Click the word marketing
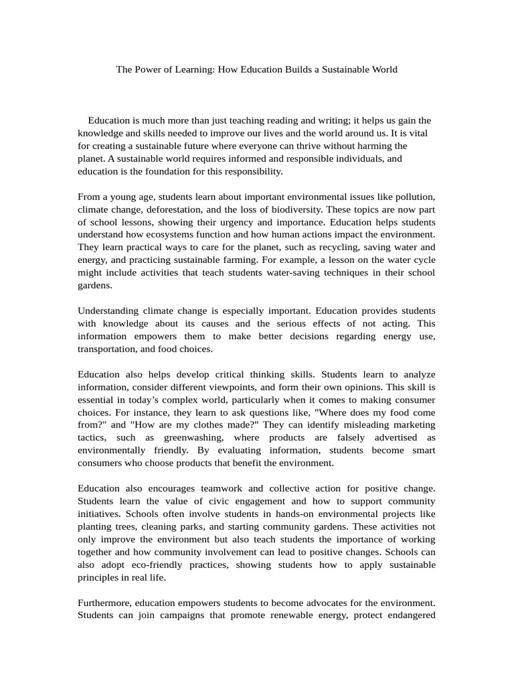pyautogui.click(x=408, y=425)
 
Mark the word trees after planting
pyautogui.click(x=127, y=527)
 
